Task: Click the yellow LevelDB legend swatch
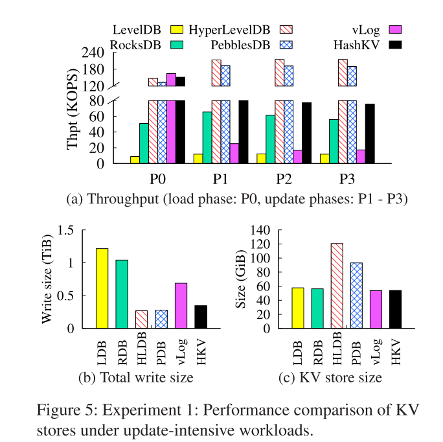click(x=176, y=29)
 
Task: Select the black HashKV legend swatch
click(x=395, y=44)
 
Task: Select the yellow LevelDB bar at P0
click(x=135, y=159)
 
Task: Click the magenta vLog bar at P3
click(x=361, y=156)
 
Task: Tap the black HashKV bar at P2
click(x=306, y=133)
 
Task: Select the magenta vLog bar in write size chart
click(x=181, y=305)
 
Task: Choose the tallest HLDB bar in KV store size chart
click(x=337, y=286)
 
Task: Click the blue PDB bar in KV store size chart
click(x=356, y=295)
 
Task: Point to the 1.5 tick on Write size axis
click(x=67, y=230)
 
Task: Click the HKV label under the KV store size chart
click(x=396, y=350)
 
